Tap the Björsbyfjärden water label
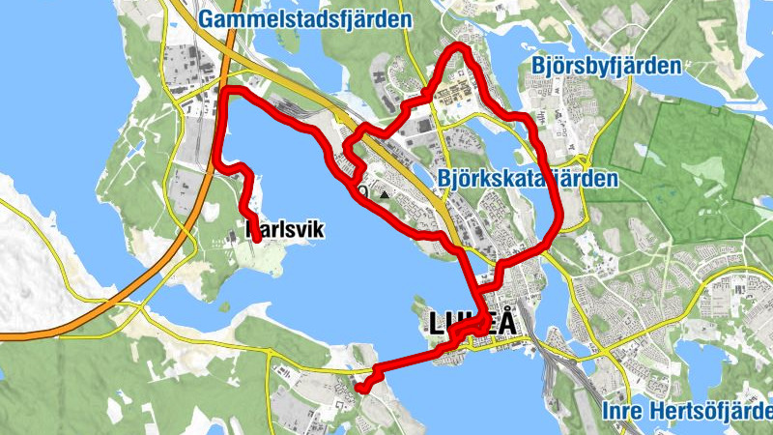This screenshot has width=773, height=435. click(607, 67)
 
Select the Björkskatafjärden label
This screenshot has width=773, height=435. click(528, 179)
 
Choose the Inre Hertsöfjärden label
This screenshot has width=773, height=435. click(686, 411)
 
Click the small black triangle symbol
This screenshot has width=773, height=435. click(386, 194)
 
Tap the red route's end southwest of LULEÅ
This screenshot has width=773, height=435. click(360, 388)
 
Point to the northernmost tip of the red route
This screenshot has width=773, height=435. click(461, 46)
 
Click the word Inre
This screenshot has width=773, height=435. click(624, 411)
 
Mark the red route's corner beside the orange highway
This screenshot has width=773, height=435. click(226, 93)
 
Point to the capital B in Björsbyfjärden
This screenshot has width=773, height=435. click(539, 67)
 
